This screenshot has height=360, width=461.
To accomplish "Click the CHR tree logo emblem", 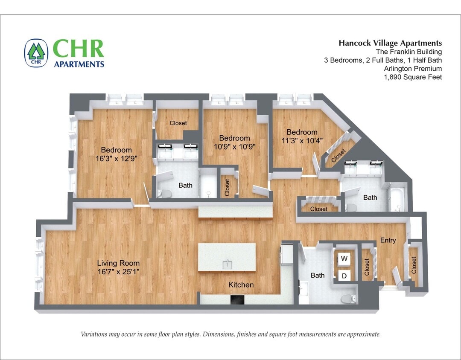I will pyautogui.click(x=36, y=53).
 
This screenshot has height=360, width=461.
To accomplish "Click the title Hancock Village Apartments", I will pyautogui.click(x=390, y=43).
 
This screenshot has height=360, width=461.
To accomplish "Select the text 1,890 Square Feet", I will pyautogui.click(x=413, y=77).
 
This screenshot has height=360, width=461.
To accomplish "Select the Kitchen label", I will pyautogui.click(x=241, y=285).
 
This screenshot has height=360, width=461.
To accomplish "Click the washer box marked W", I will pyautogui.click(x=344, y=258).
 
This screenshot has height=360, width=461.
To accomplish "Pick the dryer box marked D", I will pyautogui.click(x=344, y=276).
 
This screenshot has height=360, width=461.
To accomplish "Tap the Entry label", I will pyautogui.click(x=388, y=241).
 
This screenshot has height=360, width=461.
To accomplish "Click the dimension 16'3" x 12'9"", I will pyautogui.click(x=116, y=158).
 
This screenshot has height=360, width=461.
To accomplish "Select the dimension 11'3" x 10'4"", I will pyautogui.click(x=302, y=140).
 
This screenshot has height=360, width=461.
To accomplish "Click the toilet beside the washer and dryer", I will pyautogui.click(x=350, y=299).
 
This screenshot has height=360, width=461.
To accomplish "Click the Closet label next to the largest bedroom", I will pyautogui.click(x=178, y=123).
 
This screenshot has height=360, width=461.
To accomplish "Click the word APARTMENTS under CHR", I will pyautogui.click(x=79, y=64).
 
